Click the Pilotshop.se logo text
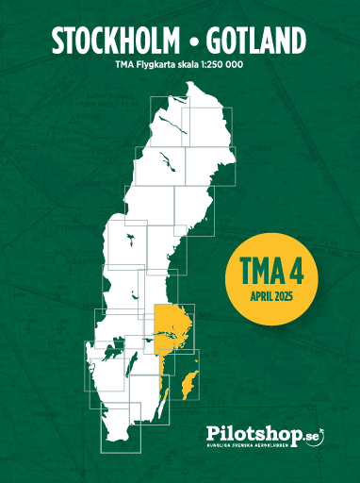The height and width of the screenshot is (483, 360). [262, 435]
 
